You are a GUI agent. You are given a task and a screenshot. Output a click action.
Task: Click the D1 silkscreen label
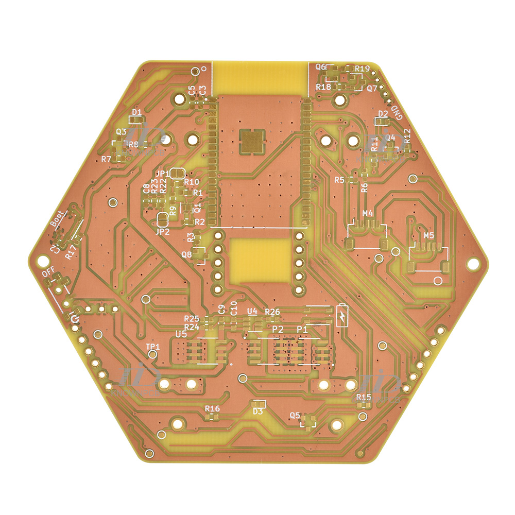coord(136,112)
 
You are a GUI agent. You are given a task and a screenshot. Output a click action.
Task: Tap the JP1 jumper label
coord(162,174)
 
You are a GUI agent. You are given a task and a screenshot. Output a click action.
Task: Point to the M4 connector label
coord(368,213)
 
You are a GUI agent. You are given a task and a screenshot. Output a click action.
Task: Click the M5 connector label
coord(429,235)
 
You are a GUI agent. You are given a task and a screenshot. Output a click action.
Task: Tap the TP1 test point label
coord(153,347)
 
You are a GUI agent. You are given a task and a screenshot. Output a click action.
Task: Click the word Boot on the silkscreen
coord(58,219)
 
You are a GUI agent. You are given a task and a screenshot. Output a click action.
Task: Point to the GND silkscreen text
coord(398,113)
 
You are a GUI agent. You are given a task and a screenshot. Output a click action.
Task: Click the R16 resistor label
coord(212,408)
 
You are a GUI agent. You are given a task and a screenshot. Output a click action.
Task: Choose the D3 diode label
coord(258,411)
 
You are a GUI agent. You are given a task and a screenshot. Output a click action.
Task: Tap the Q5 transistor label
coord(295,415)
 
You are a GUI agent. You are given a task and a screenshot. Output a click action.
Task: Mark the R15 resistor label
coord(364,397)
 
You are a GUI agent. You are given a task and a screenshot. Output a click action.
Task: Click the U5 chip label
coord(181,334)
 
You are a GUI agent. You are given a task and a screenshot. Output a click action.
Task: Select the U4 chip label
coord(252,311)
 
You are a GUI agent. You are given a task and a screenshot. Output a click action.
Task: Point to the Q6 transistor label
coord(320,67)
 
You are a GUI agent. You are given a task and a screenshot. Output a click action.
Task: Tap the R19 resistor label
coord(362,68)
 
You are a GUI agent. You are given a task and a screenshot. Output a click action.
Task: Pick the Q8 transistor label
coord(186,254)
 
